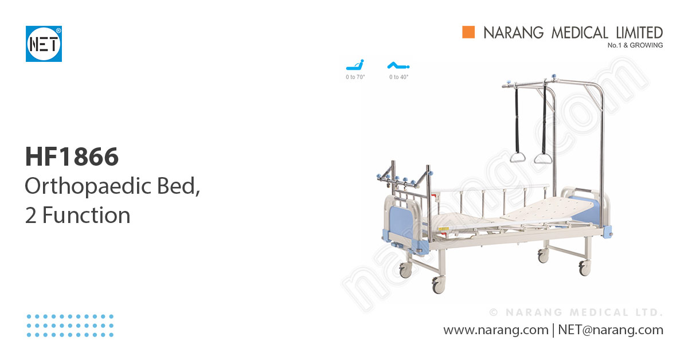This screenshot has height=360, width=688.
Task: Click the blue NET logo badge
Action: pyautogui.click(x=44, y=44)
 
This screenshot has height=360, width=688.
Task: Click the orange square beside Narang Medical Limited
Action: pyautogui.click(x=469, y=32)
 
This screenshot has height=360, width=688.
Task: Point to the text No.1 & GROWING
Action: pyautogui.click(x=635, y=45)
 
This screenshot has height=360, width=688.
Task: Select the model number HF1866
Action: pyautogui.click(x=72, y=156)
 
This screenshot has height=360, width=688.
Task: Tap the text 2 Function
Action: pyautogui.click(x=78, y=216)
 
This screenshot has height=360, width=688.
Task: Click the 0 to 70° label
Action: pyautogui.click(x=355, y=77)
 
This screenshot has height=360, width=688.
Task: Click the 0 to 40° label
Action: pyautogui.click(x=398, y=77)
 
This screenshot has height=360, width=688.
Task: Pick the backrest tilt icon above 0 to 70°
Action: pyautogui.click(x=355, y=65)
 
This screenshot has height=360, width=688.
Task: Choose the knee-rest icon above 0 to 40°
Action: pyautogui.click(x=398, y=65)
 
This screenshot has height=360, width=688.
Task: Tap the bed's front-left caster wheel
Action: pyautogui.click(x=438, y=284)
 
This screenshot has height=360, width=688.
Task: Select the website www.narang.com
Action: pyautogui.click(x=496, y=330)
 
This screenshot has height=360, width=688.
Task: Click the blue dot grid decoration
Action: pyautogui.click(x=70, y=325)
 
